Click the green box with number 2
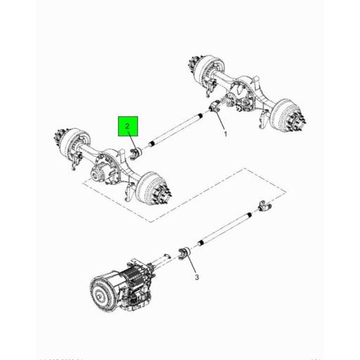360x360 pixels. pos(128,127)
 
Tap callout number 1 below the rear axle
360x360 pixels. pos(226,134)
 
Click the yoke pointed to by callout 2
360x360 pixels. pos(139,153)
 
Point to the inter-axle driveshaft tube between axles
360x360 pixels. pos(176,131)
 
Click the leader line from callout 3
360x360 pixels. pos(193,264)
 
